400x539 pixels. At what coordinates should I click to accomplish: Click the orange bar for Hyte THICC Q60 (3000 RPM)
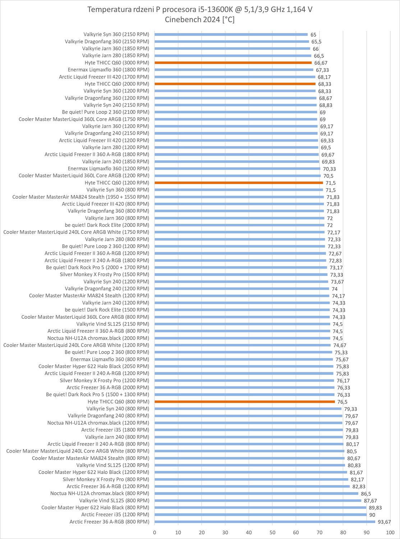(233, 63)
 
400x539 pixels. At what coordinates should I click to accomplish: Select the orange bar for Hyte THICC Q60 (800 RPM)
(244, 402)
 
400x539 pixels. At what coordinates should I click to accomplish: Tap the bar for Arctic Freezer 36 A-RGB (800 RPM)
(265, 522)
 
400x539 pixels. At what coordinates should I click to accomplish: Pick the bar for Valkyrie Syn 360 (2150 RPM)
(231, 34)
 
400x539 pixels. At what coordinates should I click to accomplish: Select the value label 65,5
(316, 42)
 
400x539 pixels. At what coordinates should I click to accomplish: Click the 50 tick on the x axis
(272, 533)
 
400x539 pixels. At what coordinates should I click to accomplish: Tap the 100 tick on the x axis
(390, 533)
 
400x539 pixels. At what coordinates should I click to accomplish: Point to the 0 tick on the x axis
(155, 533)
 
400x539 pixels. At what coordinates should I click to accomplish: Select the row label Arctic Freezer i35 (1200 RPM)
(115, 515)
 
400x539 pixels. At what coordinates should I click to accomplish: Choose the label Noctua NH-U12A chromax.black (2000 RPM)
(98, 338)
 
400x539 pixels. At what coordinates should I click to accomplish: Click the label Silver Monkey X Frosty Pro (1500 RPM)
(104, 275)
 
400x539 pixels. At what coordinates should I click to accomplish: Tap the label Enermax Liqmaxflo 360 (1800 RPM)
(108, 70)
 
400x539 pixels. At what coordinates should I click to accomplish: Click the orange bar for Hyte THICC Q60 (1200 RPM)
(239, 183)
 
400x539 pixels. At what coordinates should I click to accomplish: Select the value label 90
(372, 515)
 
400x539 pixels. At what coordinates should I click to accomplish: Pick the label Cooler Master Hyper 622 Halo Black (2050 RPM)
(94, 367)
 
